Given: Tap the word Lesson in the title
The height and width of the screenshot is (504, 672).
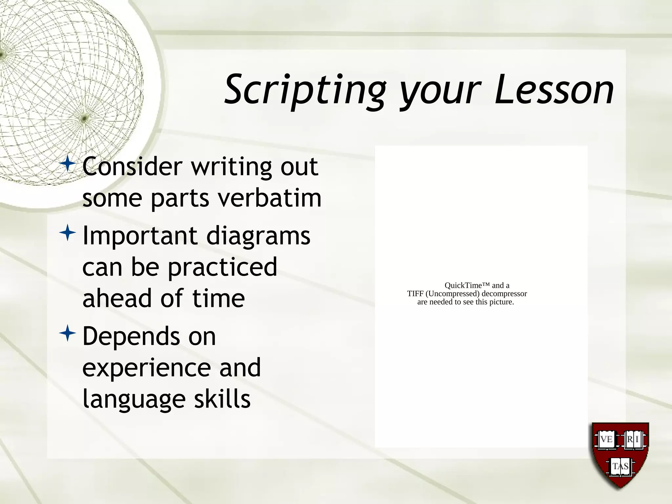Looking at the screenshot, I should pyautogui.click(x=554, y=89).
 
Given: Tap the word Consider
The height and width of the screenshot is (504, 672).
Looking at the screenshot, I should pyautogui.click(x=132, y=166).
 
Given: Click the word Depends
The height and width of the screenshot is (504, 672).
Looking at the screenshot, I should pyautogui.click(x=131, y=336).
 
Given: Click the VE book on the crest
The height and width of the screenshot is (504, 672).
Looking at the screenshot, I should pyautogui.click(x=606, y=439).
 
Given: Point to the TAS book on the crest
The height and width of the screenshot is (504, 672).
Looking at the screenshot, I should pyautogui.click(x=620, y=466).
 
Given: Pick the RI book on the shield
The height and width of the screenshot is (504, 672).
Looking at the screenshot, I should pyautogui.click(x=633, y=439).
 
